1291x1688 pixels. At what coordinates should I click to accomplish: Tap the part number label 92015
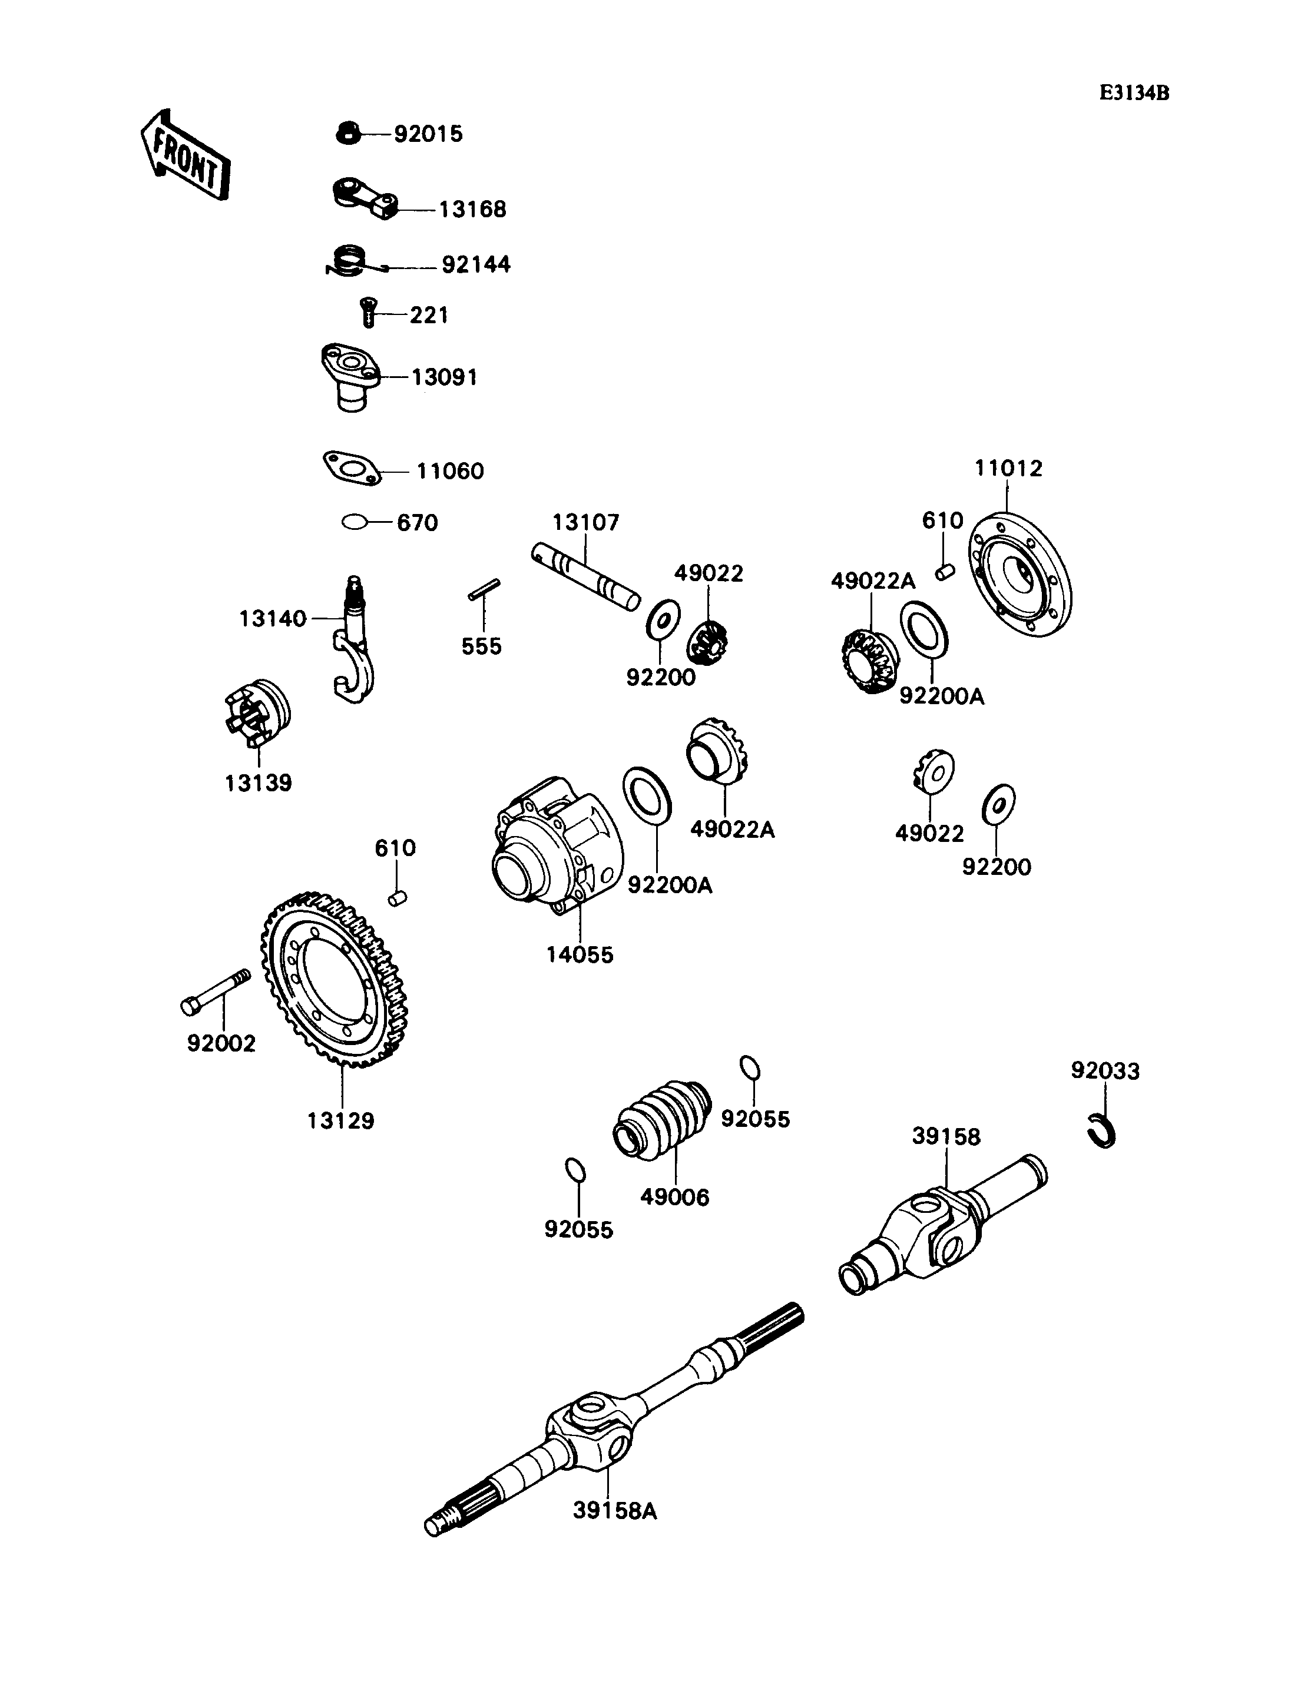pos(428,134)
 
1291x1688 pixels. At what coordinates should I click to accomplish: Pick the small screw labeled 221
pos(368,313)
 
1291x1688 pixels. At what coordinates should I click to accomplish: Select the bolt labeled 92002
pos(215,991)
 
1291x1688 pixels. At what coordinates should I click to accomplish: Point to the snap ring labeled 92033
pos(1104,1131)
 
